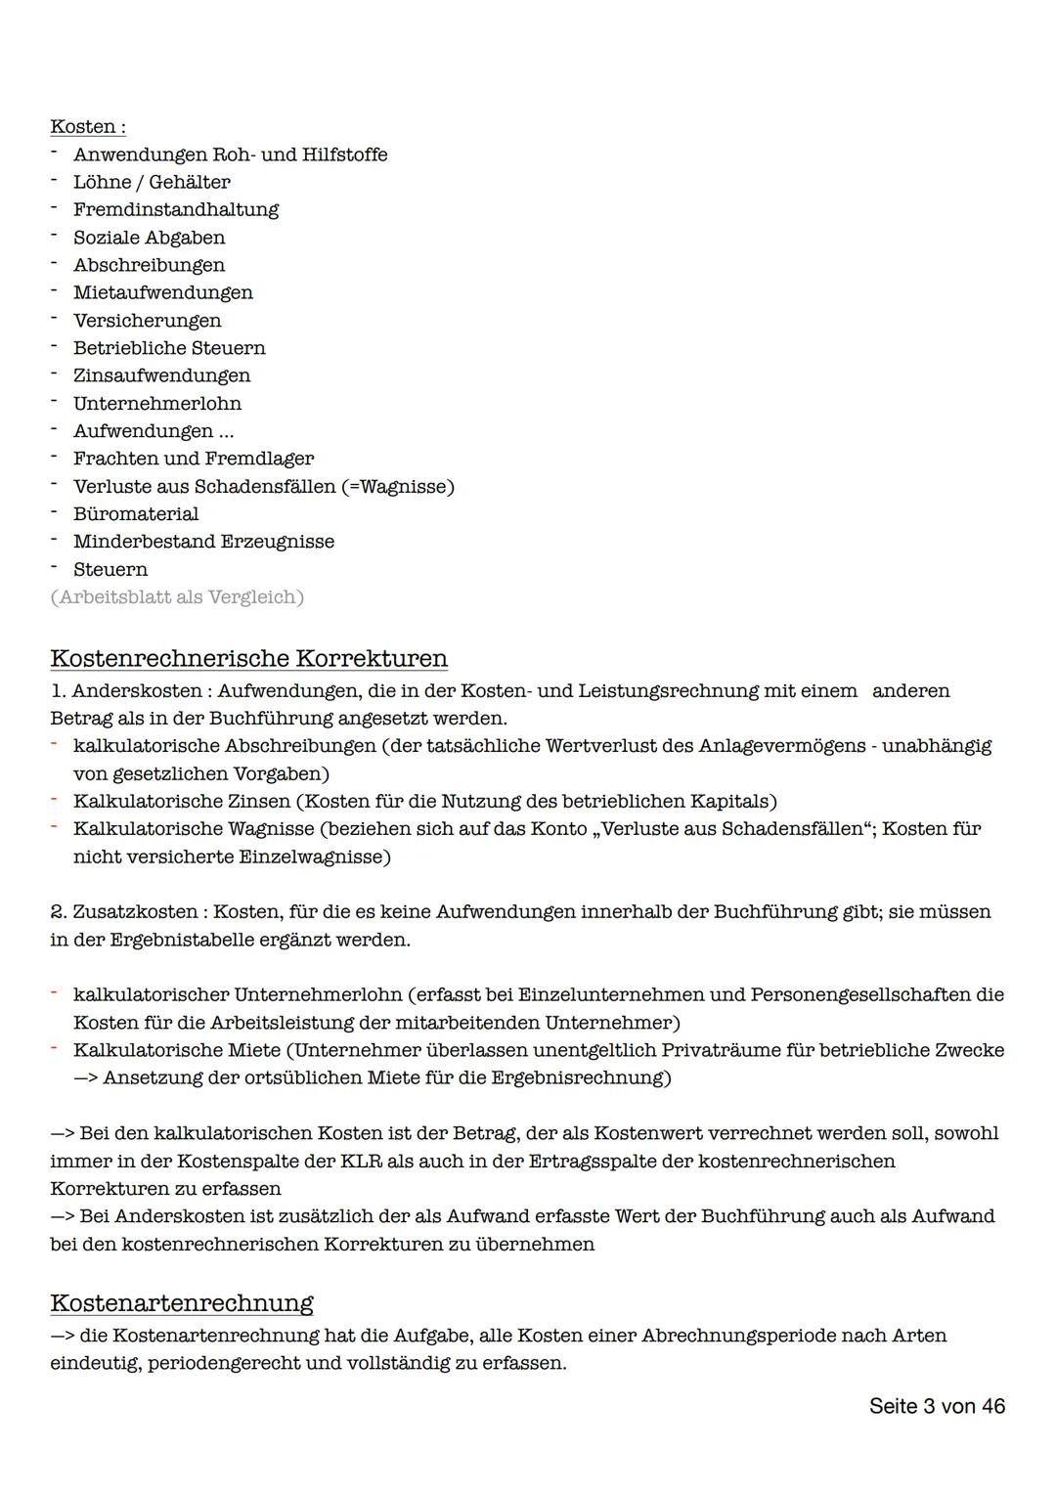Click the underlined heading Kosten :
coord(87,127)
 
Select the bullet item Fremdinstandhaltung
coord(176,209)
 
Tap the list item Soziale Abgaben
coord(149,238)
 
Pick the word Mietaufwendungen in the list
coord(163,292)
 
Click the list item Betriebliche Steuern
coord(169,348)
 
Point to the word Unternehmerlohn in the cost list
coord(157,403)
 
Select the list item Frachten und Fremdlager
coord(194,459)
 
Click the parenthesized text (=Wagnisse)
coord(398,486)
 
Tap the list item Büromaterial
coord(136,513)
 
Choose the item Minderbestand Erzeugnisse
coord(203,542)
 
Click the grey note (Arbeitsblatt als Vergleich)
coord(177,596)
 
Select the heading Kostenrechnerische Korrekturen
coord(248,658)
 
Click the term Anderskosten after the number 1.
coord(137,691)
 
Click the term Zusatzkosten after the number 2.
coord(136,912)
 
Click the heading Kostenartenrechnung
coord(181,1303)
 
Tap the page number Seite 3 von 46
coord(936,1406)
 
